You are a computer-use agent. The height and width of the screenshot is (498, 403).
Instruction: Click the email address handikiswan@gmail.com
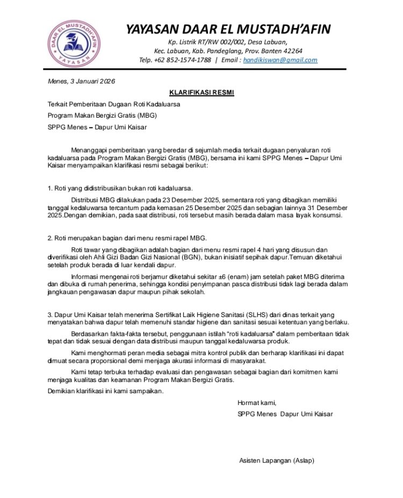pyautogui.click(x=280, y=60)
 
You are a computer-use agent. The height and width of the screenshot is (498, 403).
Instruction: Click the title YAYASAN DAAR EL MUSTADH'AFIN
pyautogui.click(x=228, y=29)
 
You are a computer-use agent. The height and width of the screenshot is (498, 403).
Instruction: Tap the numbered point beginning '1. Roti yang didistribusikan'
pyautogui.click(x=120, y=188)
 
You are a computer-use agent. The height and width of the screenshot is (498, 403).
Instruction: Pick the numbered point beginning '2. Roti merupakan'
pyautogui.click(x=127, y=238)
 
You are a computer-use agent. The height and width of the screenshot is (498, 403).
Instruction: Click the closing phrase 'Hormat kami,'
pyautogui.click(x=257, y=403)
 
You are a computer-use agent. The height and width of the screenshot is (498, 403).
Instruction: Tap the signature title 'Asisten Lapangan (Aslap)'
pyautogui.click(x=277, y=461)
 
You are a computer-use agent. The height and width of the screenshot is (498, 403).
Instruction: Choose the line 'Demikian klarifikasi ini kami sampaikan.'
pyautogui.click(x=105, y=391)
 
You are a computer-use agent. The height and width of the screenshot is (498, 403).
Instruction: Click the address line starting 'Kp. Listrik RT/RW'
pyautogui.click(x=228, y=42)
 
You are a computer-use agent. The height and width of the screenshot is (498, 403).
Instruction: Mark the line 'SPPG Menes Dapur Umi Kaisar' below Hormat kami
pyautogui.click(x=285, y=414)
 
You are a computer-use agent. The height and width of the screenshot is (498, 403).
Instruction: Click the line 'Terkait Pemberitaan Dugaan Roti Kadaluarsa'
pyautogui.click(x=114, y=104)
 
